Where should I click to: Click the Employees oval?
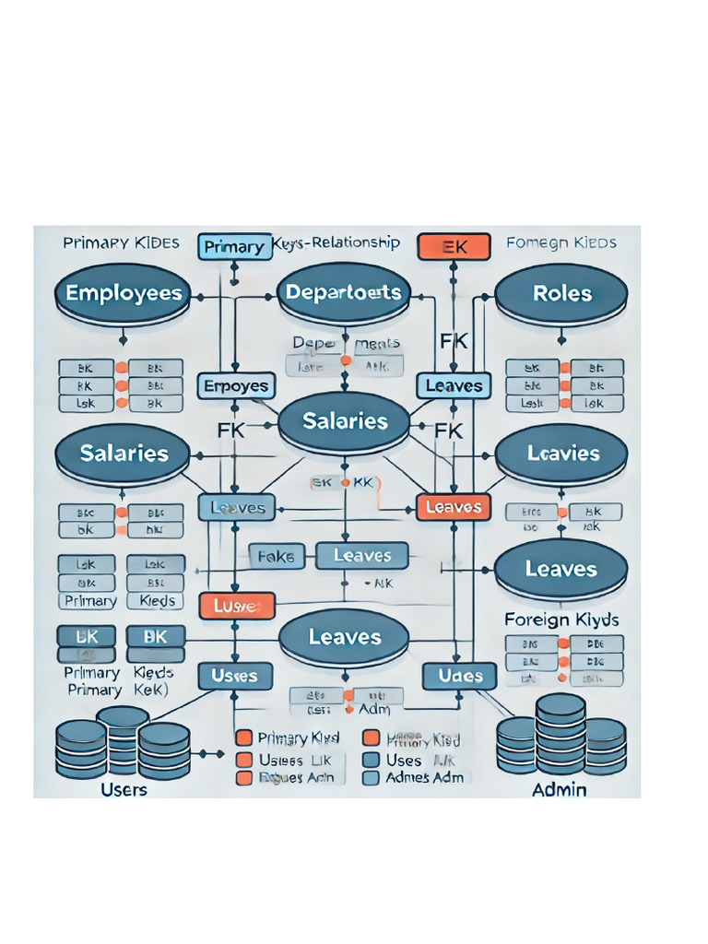[124, 294]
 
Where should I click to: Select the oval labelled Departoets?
[344, 293]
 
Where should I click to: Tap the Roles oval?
[561, 294]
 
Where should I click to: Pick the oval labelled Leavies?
[561, 454]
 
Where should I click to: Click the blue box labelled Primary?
[233, 246]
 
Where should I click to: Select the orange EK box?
[454, 246]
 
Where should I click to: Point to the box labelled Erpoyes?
[235, 386]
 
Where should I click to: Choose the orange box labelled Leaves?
[454, 507]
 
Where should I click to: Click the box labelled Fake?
[275, 556]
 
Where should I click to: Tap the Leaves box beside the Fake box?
[361, 556]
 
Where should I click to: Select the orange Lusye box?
[238, 606]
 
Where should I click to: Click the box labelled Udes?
[460, 676]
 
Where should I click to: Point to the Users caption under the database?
[123, 790]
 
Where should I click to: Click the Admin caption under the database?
[560, 790]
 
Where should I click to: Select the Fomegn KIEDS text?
[561, 243]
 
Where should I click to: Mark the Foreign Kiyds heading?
[561, 619]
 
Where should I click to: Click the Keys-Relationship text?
[337, 243]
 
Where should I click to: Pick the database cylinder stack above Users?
[123, 743]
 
